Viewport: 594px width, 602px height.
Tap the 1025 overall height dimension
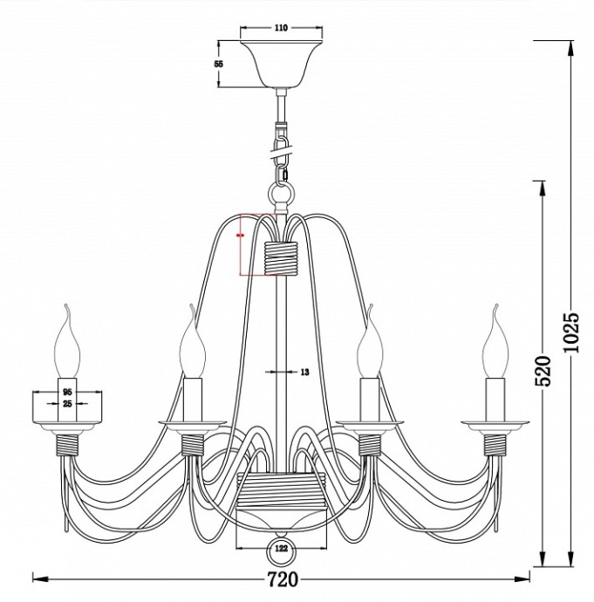click(571, 332)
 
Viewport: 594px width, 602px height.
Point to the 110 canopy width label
click(281, 28)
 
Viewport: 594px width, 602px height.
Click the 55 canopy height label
click(219, 65)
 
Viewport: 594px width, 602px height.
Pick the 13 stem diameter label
click(304, 373)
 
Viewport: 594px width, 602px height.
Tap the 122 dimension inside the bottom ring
click(281, 550)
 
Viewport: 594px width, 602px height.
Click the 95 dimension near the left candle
click(67, 393)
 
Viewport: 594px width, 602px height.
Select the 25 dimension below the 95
click(67, 405)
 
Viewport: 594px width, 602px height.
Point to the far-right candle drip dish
click(495, 425)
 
